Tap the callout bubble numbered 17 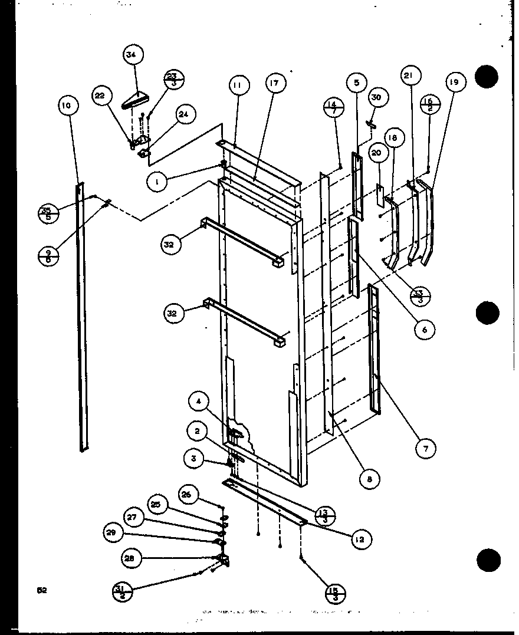(275, 83)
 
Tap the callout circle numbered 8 (370, 479)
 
